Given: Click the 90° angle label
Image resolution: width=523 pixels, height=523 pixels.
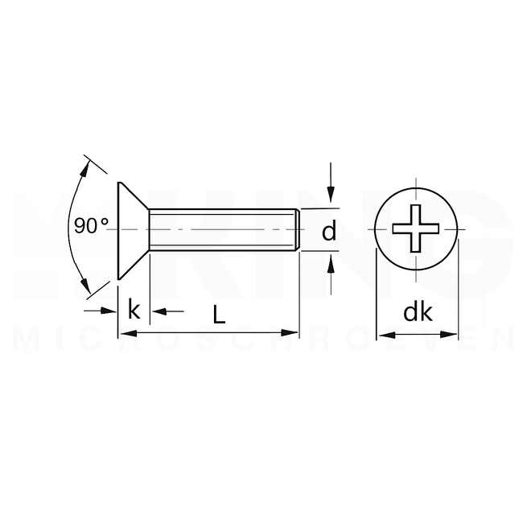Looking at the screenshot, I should click(x=90, y=226).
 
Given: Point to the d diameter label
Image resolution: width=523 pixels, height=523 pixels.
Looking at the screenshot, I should click(x=328, y=232).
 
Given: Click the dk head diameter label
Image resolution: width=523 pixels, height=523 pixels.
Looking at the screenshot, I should click(x=417, y=312).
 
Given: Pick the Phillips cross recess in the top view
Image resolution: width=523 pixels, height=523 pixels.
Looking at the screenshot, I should click(x=417, y=229).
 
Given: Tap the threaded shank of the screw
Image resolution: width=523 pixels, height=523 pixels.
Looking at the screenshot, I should click(x=221, y=229).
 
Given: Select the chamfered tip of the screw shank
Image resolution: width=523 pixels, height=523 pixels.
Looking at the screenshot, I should click(x=298, y=229).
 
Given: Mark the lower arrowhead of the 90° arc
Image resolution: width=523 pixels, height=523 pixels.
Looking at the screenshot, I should click(x=85, y=288).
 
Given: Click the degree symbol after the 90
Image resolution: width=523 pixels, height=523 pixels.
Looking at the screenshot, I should click(x=104, y=221).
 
